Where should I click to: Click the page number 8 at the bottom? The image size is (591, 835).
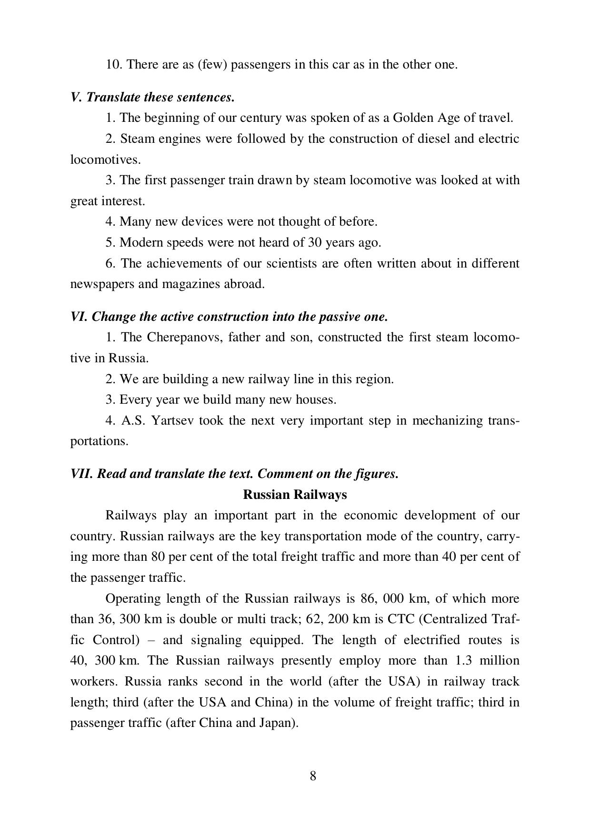pos(313,776)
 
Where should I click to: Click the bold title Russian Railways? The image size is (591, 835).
pos(295,495)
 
